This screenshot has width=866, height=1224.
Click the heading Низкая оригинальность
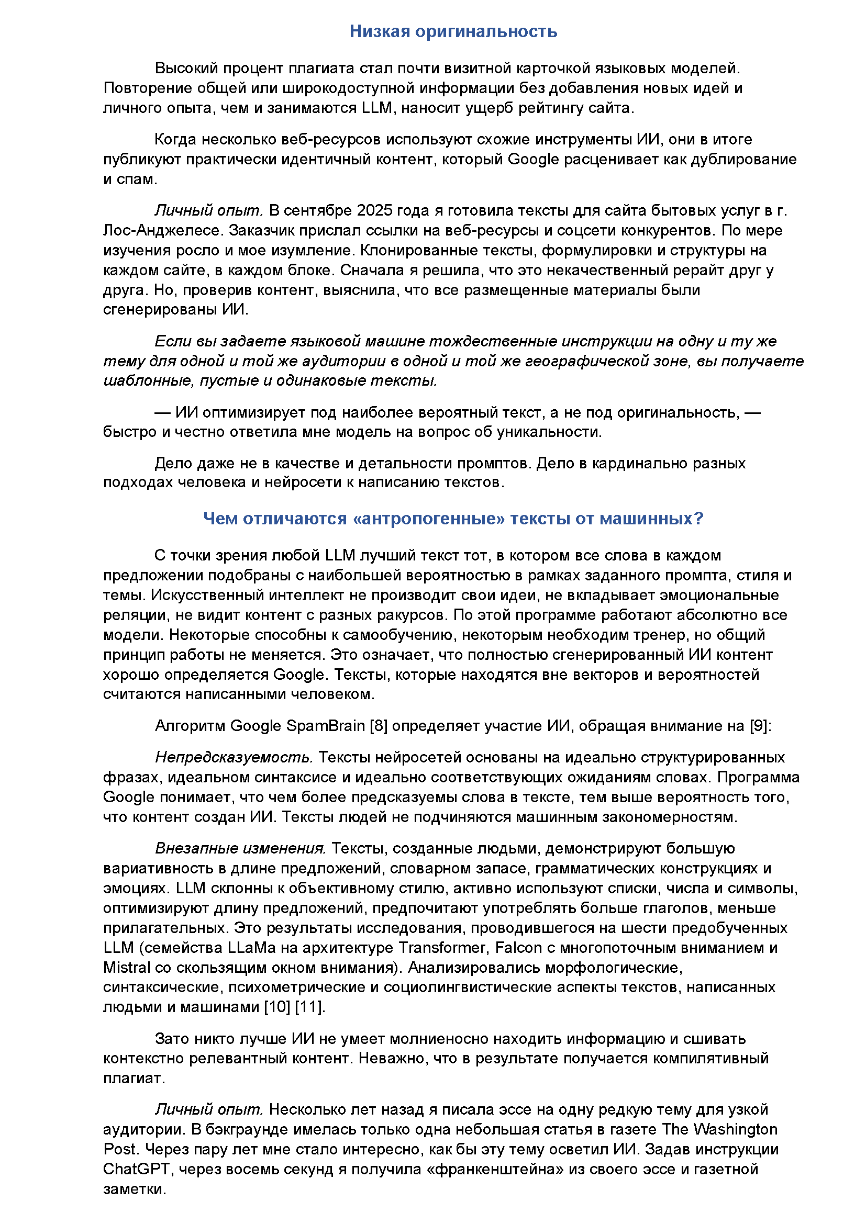point(453,31)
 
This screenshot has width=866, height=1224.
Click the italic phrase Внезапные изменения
point(240,848)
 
